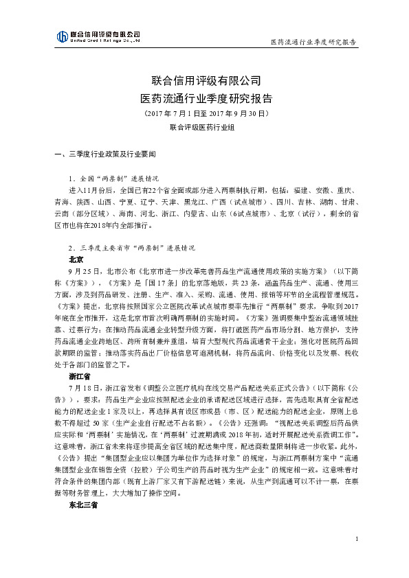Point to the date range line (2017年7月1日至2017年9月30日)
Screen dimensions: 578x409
(x=205, y=112)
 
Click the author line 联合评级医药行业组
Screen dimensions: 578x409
(x=205, y=127)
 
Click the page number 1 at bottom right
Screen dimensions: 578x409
(x=358, y=558)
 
